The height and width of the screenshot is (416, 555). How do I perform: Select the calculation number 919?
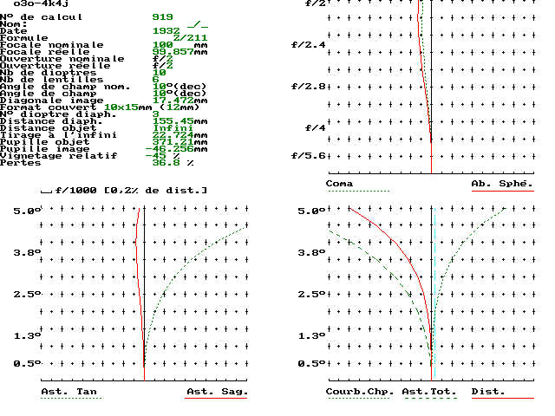(x=163, y=16)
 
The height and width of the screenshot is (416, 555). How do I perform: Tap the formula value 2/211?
(x=190, y=37)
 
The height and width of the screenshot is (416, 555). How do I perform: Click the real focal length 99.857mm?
(x=179, y=51)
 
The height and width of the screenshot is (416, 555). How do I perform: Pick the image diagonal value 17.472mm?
(x=180, y=100)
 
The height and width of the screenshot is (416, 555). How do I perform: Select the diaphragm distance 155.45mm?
(x=180, y=120)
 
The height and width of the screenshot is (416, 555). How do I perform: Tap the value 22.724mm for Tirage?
(x=180, y=134)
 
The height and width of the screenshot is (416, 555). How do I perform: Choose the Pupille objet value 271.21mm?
(x=180, y=141)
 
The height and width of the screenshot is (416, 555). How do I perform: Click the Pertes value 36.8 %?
(x=173, y=162)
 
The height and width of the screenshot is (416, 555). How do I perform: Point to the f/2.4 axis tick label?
(x=308, y=45)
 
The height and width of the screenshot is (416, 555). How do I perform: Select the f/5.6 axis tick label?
(x=308, y=155)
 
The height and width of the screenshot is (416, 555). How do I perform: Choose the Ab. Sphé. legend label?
(x=501, y=184)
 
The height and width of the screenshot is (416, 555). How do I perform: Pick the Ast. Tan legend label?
(x=69, y=392)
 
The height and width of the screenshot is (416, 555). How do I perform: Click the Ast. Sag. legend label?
(x=217, y=392)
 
